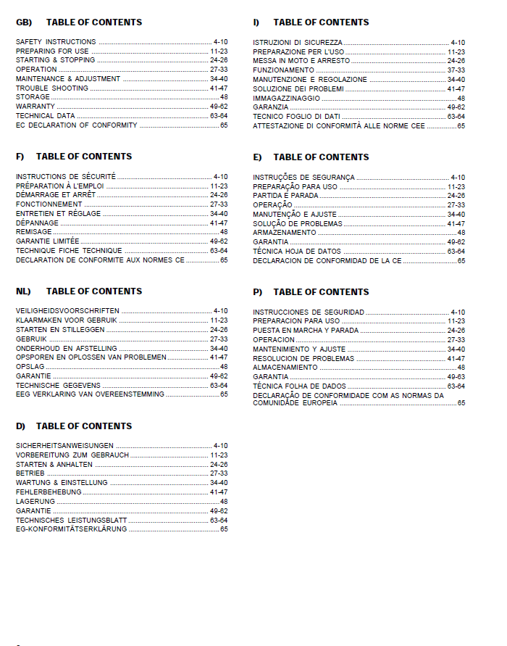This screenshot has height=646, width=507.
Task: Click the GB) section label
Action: [x=24, y=22]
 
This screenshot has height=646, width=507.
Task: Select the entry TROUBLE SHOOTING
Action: [x=52, y=88]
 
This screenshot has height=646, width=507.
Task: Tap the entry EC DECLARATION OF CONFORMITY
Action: [x=76, y=125]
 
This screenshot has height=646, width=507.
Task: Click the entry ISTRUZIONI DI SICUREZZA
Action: [x=298, y=44]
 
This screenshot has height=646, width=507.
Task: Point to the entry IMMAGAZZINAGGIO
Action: [x=286, y=98]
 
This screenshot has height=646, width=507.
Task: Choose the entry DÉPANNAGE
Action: [x=37, y=223]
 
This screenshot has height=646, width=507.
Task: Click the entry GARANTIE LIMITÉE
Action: [x=48, y=241]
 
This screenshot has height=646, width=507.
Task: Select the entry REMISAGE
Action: [x=34, y=232]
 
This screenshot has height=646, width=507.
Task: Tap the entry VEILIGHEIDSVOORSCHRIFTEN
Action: [x=67, y=311]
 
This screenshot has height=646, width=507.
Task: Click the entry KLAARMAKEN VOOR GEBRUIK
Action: [x=67, y=320]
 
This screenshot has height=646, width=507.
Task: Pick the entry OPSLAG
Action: [x=30, y=367]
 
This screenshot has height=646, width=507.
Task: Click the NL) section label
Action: [x=23, y=291]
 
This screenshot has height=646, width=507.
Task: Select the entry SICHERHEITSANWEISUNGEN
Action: [x=64, y=446]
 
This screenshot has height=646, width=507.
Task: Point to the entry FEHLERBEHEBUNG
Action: [x=49, y=492]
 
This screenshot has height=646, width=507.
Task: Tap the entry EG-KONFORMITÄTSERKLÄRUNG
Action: [x=71, y=529]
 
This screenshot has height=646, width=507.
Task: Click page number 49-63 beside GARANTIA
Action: [x=456, y=377]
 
